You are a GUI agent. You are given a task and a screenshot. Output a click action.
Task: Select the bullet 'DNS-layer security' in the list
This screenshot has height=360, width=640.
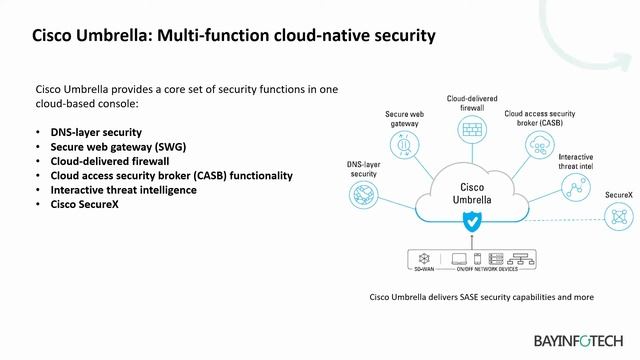pos(96,132)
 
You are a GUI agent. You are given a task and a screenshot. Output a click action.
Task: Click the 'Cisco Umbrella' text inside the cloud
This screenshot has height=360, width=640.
pos(470,192)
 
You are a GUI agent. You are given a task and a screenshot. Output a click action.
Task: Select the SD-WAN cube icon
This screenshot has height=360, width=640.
pos(421,257)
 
